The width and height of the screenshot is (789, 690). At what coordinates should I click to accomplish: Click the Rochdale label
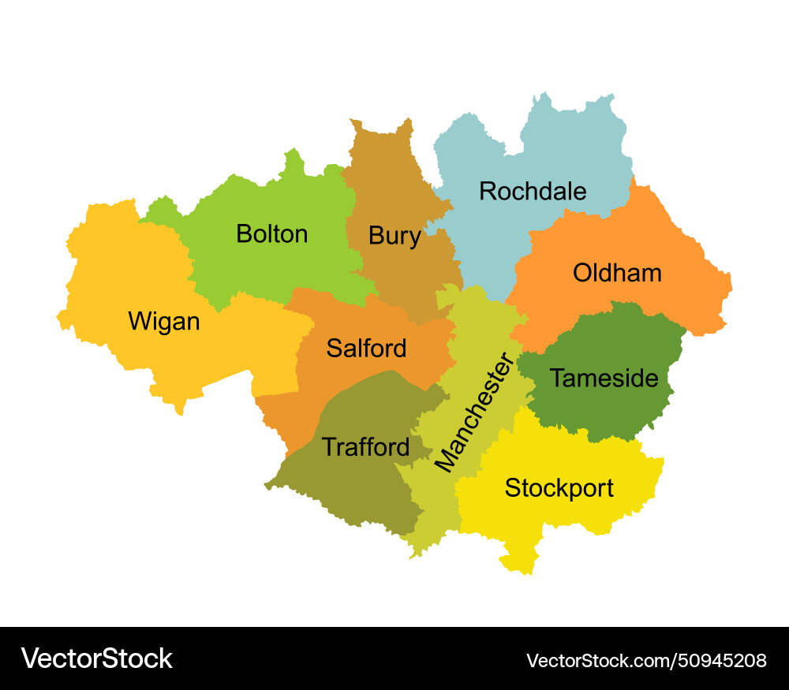coord(533,192)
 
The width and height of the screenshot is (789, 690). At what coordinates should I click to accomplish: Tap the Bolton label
coord(271,234)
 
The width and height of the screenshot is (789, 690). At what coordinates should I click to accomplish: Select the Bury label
coord(394,236)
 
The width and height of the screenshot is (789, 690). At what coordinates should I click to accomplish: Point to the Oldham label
coord(617,274)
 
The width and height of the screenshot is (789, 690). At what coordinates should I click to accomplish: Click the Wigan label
coord(164,322)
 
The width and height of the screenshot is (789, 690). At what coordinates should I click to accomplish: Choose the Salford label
coord(366,349)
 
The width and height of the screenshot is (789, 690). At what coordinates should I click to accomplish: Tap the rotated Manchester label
coord(474,413)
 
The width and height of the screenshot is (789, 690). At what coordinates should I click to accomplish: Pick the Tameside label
coord(604,379)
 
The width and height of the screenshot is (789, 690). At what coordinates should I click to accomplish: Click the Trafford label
coord(365,448)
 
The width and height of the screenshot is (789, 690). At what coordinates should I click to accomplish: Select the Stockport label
coord(559,488)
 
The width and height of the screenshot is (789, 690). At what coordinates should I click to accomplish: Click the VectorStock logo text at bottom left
coord(96,658)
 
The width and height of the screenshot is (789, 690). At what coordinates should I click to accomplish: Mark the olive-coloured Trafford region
coord(347,489)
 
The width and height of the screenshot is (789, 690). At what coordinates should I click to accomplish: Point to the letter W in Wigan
coord(139,322)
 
